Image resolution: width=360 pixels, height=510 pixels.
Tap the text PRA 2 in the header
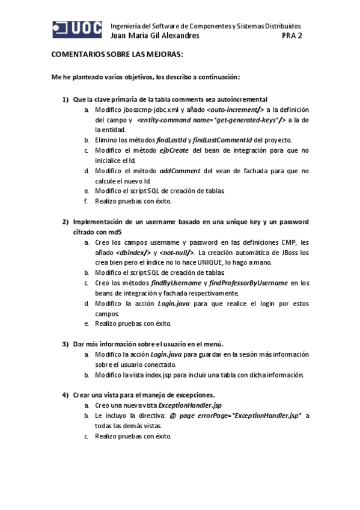pyautogui.click(x=293, y=35)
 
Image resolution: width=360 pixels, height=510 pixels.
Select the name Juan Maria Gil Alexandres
pyautogui.click(x=156, y=35)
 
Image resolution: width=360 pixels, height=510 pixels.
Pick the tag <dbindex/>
pyautogui.click(x=133, y=253)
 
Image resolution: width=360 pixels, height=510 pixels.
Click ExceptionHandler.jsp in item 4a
pyautogui.click(x=190, y=406)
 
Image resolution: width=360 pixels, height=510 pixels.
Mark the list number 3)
pyautogui.click(x=66, y=344)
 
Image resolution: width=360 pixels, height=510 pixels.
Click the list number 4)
pyautogui.click(x=66, y=395)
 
